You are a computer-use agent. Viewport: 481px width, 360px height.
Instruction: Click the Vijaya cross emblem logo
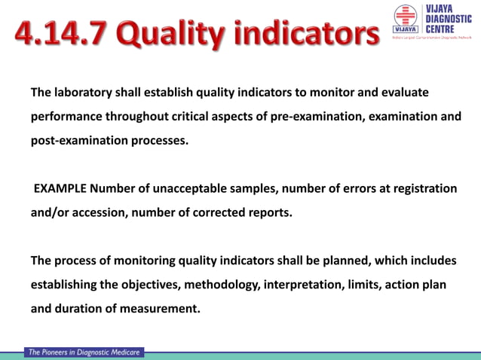click(x=405, y=19)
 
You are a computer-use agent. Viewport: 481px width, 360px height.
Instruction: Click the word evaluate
click(x=404, y=93)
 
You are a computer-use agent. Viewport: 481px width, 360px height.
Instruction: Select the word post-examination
click(x=76, y=141)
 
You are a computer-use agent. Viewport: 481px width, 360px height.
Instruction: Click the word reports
click(x=270, y=212)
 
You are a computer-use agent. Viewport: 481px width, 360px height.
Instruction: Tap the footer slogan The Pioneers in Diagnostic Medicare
click(x=84, y=352)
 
